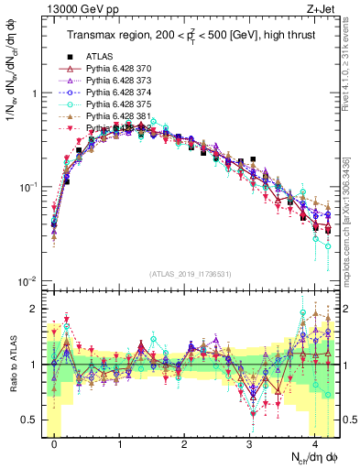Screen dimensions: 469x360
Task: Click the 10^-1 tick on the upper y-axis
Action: point(27,188)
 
